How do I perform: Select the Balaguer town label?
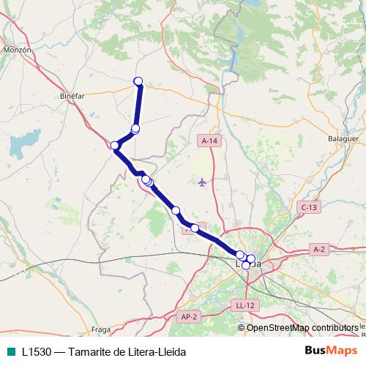point(343,138)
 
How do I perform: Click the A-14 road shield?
point(209,141)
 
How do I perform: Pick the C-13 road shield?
point(310,208)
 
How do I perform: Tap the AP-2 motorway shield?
point(188,316)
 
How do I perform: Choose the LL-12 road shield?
point(244,305)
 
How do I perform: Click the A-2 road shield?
point(318,250)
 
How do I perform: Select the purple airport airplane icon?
point(203,181)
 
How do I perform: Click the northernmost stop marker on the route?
point(138,81)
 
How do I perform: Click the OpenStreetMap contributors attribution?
point(302,327)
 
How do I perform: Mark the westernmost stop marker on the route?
point(115,146)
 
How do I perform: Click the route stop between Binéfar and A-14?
point(135,129)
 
